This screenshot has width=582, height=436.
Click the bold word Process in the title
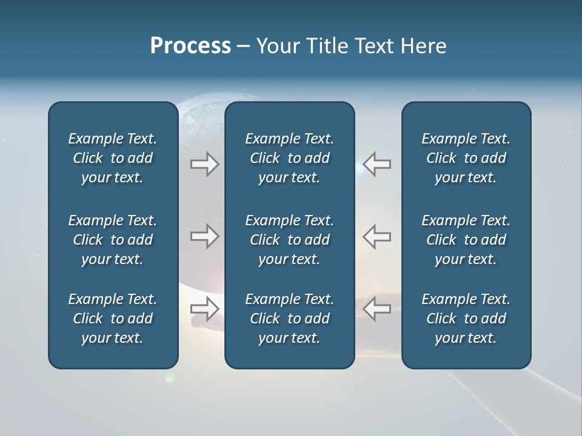[190, 46]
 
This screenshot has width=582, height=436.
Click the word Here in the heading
[423, 46]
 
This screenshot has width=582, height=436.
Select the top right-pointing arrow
[204, 164]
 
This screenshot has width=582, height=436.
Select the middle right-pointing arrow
[204, 236]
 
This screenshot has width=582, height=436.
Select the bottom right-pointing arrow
[204, 309]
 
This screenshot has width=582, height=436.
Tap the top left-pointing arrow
[377, 164]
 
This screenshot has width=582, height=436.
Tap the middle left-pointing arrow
[377, 236]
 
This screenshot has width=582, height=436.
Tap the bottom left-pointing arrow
[377, 309]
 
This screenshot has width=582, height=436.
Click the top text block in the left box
[113, 158]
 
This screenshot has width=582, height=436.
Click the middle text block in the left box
[113, 240]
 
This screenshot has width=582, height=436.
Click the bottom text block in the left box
[113, 319]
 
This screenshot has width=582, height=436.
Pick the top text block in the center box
[289, 158]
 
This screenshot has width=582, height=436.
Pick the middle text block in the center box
[289, 240]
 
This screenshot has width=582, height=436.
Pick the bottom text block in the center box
[289, 319]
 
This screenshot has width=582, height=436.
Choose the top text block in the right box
[466, 158]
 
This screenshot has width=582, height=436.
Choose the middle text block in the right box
[466, 240]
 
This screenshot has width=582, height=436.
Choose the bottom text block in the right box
[466, 319]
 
